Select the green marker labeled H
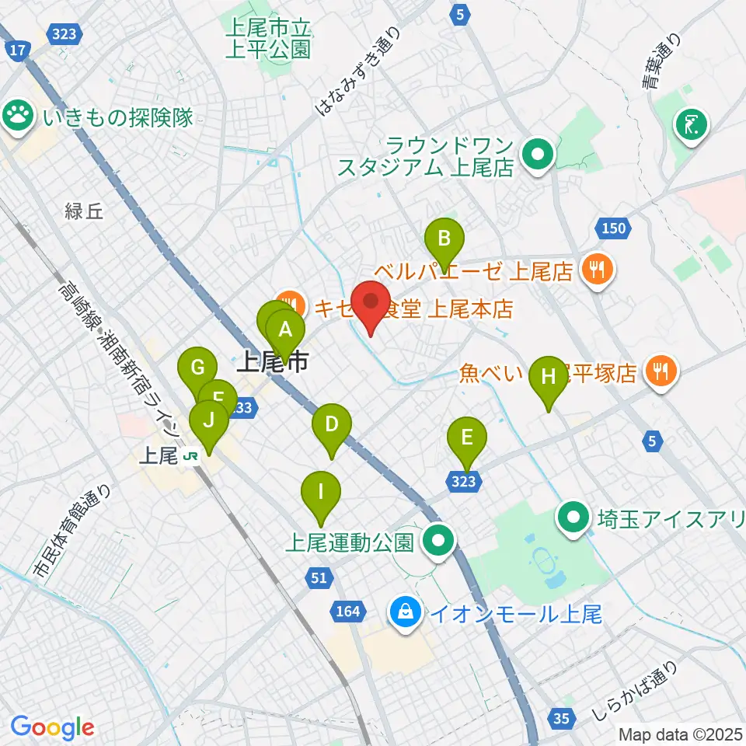pyautogui.click(x=549, y=378)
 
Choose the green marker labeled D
pyautogui.click(x=331, y=426)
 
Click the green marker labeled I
pyautogui.click(x=320, y=493)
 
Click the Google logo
pyautogui.click(x=52, y=727)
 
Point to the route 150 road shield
pyautogui.click(x=613, y=228)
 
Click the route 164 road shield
pyautogui.click(x=348, y=612)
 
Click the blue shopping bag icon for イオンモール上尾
pyautogui.click(x=406, y=612)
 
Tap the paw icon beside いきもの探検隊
pyautogui.click(x=17, y=116)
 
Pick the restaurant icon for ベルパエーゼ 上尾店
pyautogui.click(x=598, y=270)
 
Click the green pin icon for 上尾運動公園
pyautogui.click(x=438, y=538)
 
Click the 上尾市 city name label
pyautogui.click(x=272, y=361)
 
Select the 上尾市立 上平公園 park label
pyautogui.click(x=268, y=40)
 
